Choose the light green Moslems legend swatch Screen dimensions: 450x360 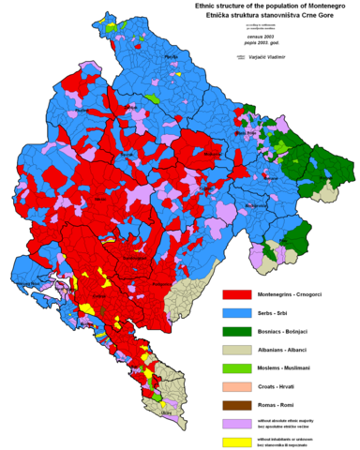(x=236, y=367)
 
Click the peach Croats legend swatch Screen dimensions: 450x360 (x=236, y=386)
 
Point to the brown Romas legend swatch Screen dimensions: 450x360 (x=236, y=405)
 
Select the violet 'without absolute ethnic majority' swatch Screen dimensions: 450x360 (x=236, y=424)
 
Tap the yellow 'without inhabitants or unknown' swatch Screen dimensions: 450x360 (x=236, y=441)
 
